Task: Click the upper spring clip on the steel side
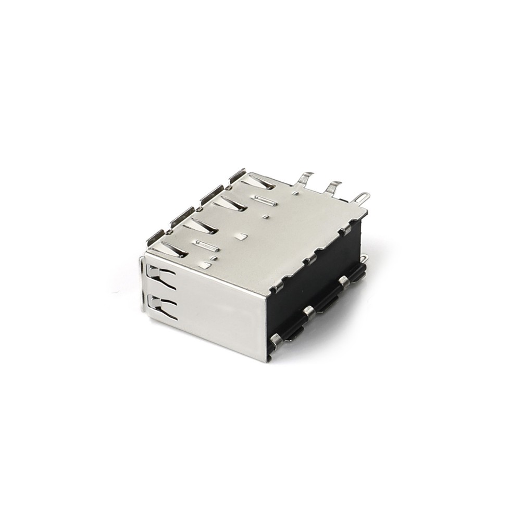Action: click(161, 277)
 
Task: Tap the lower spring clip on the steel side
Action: click(162, 306)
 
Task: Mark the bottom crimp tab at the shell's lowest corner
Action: click(276, 341)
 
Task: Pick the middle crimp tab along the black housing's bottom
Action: click(309, 312)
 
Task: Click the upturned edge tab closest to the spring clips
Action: click(155, 236)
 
